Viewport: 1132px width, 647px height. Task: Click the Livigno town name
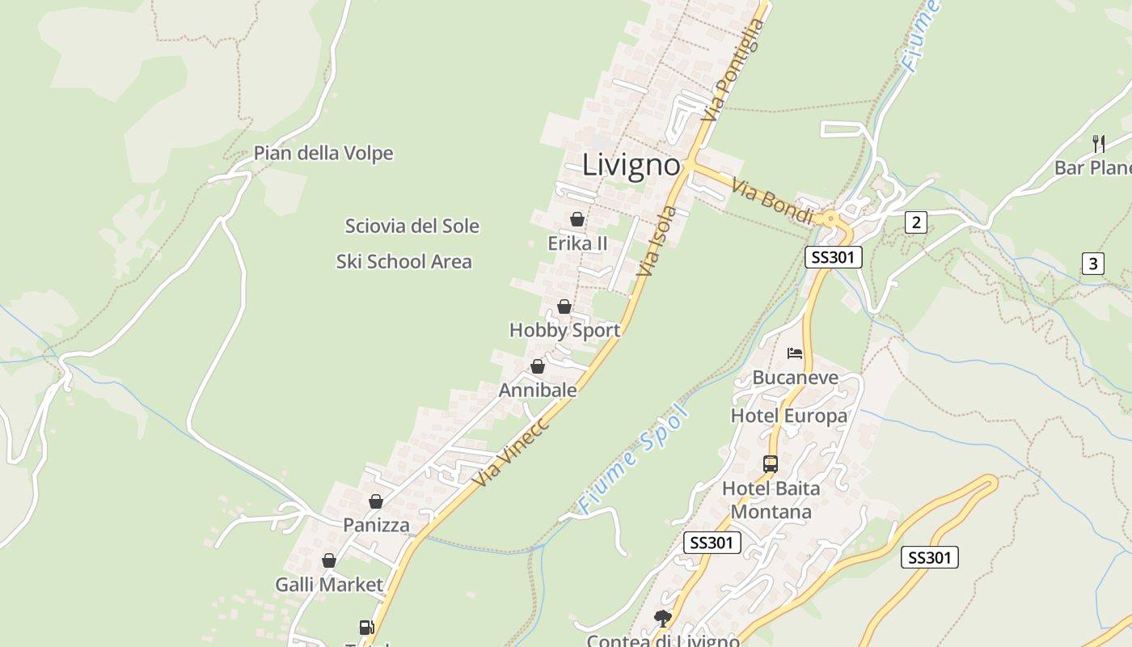(631, 165)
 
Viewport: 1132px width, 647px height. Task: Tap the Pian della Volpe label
(323, 153)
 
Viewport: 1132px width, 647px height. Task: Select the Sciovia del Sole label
(412, 226)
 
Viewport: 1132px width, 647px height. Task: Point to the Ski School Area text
(403, 261)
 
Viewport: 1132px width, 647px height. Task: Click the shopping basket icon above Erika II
(577, 219)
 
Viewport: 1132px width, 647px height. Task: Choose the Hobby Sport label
(564, 330)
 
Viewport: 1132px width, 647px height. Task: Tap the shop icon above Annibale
(538, 367)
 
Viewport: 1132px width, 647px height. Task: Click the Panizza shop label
(376, 525)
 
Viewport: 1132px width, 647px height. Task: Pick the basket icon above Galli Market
(329, 560)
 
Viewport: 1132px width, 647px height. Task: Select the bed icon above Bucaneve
(795, 353)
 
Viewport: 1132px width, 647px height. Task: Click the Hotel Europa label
(789, 416)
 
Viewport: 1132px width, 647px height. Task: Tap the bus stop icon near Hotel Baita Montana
(771, 464)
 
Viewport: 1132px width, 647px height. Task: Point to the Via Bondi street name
(772, 202)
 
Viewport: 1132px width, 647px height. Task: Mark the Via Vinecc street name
(511, 453)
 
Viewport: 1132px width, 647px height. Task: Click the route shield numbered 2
(915, 222)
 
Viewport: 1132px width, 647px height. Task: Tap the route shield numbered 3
(1093, 263)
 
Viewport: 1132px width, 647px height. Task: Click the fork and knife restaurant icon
(1099, 144)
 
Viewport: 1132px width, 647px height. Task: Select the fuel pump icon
(366, 627)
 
